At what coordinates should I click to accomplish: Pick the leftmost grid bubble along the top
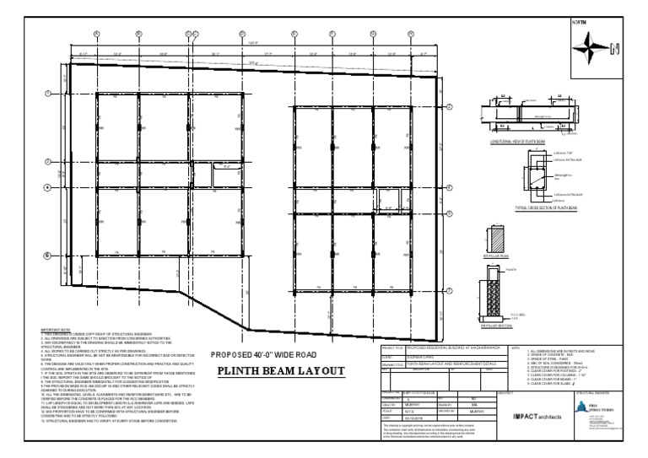pyautogui.click(x=98, y=35)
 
